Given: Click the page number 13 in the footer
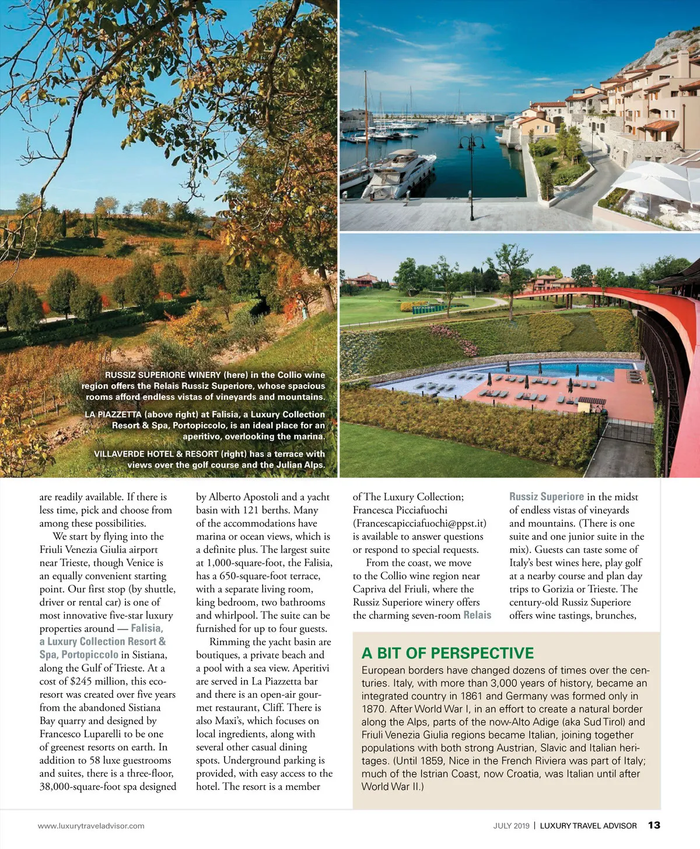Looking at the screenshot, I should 654,825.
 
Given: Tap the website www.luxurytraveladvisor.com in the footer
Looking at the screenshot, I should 91,826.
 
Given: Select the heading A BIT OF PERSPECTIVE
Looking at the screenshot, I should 447,653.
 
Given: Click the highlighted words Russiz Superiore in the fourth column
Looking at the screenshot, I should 547,497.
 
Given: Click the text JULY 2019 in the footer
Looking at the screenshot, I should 511,826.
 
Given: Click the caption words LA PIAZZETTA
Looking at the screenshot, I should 113,414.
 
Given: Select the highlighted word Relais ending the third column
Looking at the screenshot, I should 477,615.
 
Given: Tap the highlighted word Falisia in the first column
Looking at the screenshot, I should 147,628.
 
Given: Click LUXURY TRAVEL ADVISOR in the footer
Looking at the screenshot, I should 588,826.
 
